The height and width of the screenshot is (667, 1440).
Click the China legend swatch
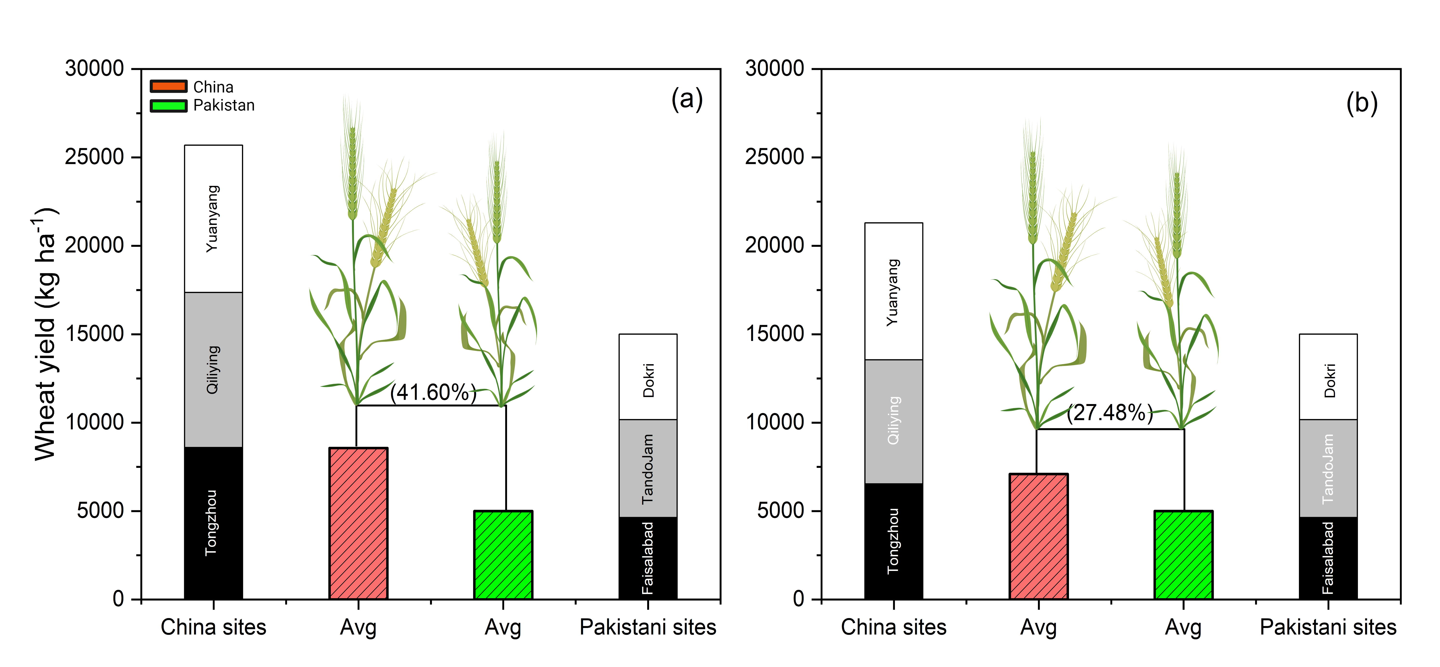pos(168,86)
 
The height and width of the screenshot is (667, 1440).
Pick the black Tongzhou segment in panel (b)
pos(893,541)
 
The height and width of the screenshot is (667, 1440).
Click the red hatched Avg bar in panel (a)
pos(358,523)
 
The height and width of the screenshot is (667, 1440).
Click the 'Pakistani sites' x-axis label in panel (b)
pos(1328,627)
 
